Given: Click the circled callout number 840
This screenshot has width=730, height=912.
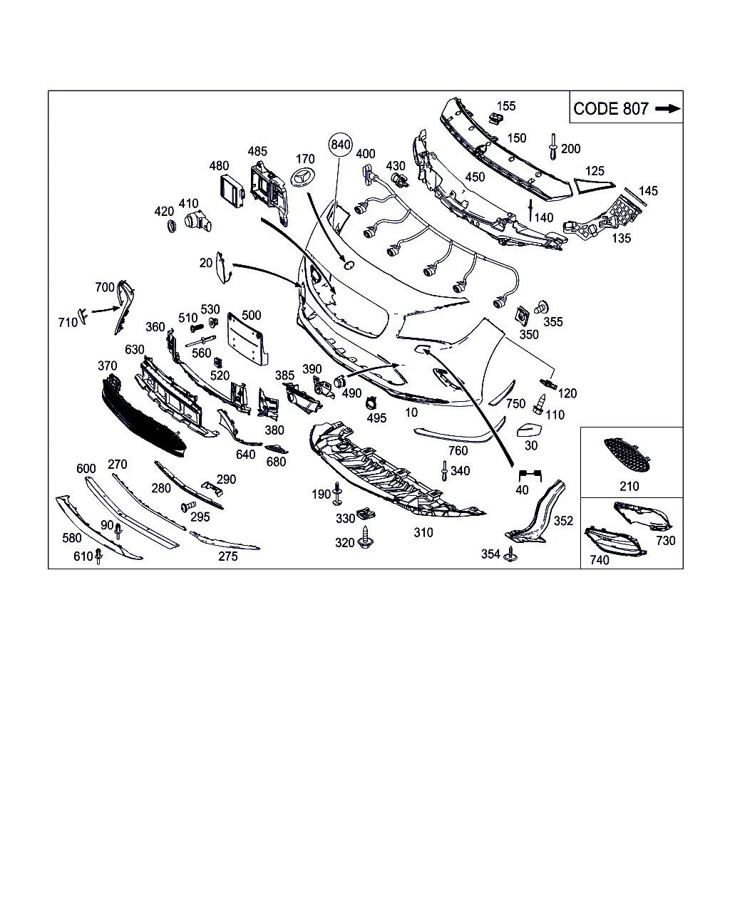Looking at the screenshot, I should [341, 145].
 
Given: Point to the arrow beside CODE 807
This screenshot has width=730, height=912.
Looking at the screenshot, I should [667, 108].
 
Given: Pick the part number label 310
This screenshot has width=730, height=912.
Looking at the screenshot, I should [423, 532].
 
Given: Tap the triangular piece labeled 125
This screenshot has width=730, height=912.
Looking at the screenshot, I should [588, 187].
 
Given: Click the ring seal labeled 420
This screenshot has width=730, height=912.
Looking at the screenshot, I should [170, 227].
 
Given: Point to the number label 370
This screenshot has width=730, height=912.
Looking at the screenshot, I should [107, 366].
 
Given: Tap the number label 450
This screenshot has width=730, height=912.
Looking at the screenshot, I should [474, 177].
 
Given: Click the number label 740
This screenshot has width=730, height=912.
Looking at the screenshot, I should [600, 560].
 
